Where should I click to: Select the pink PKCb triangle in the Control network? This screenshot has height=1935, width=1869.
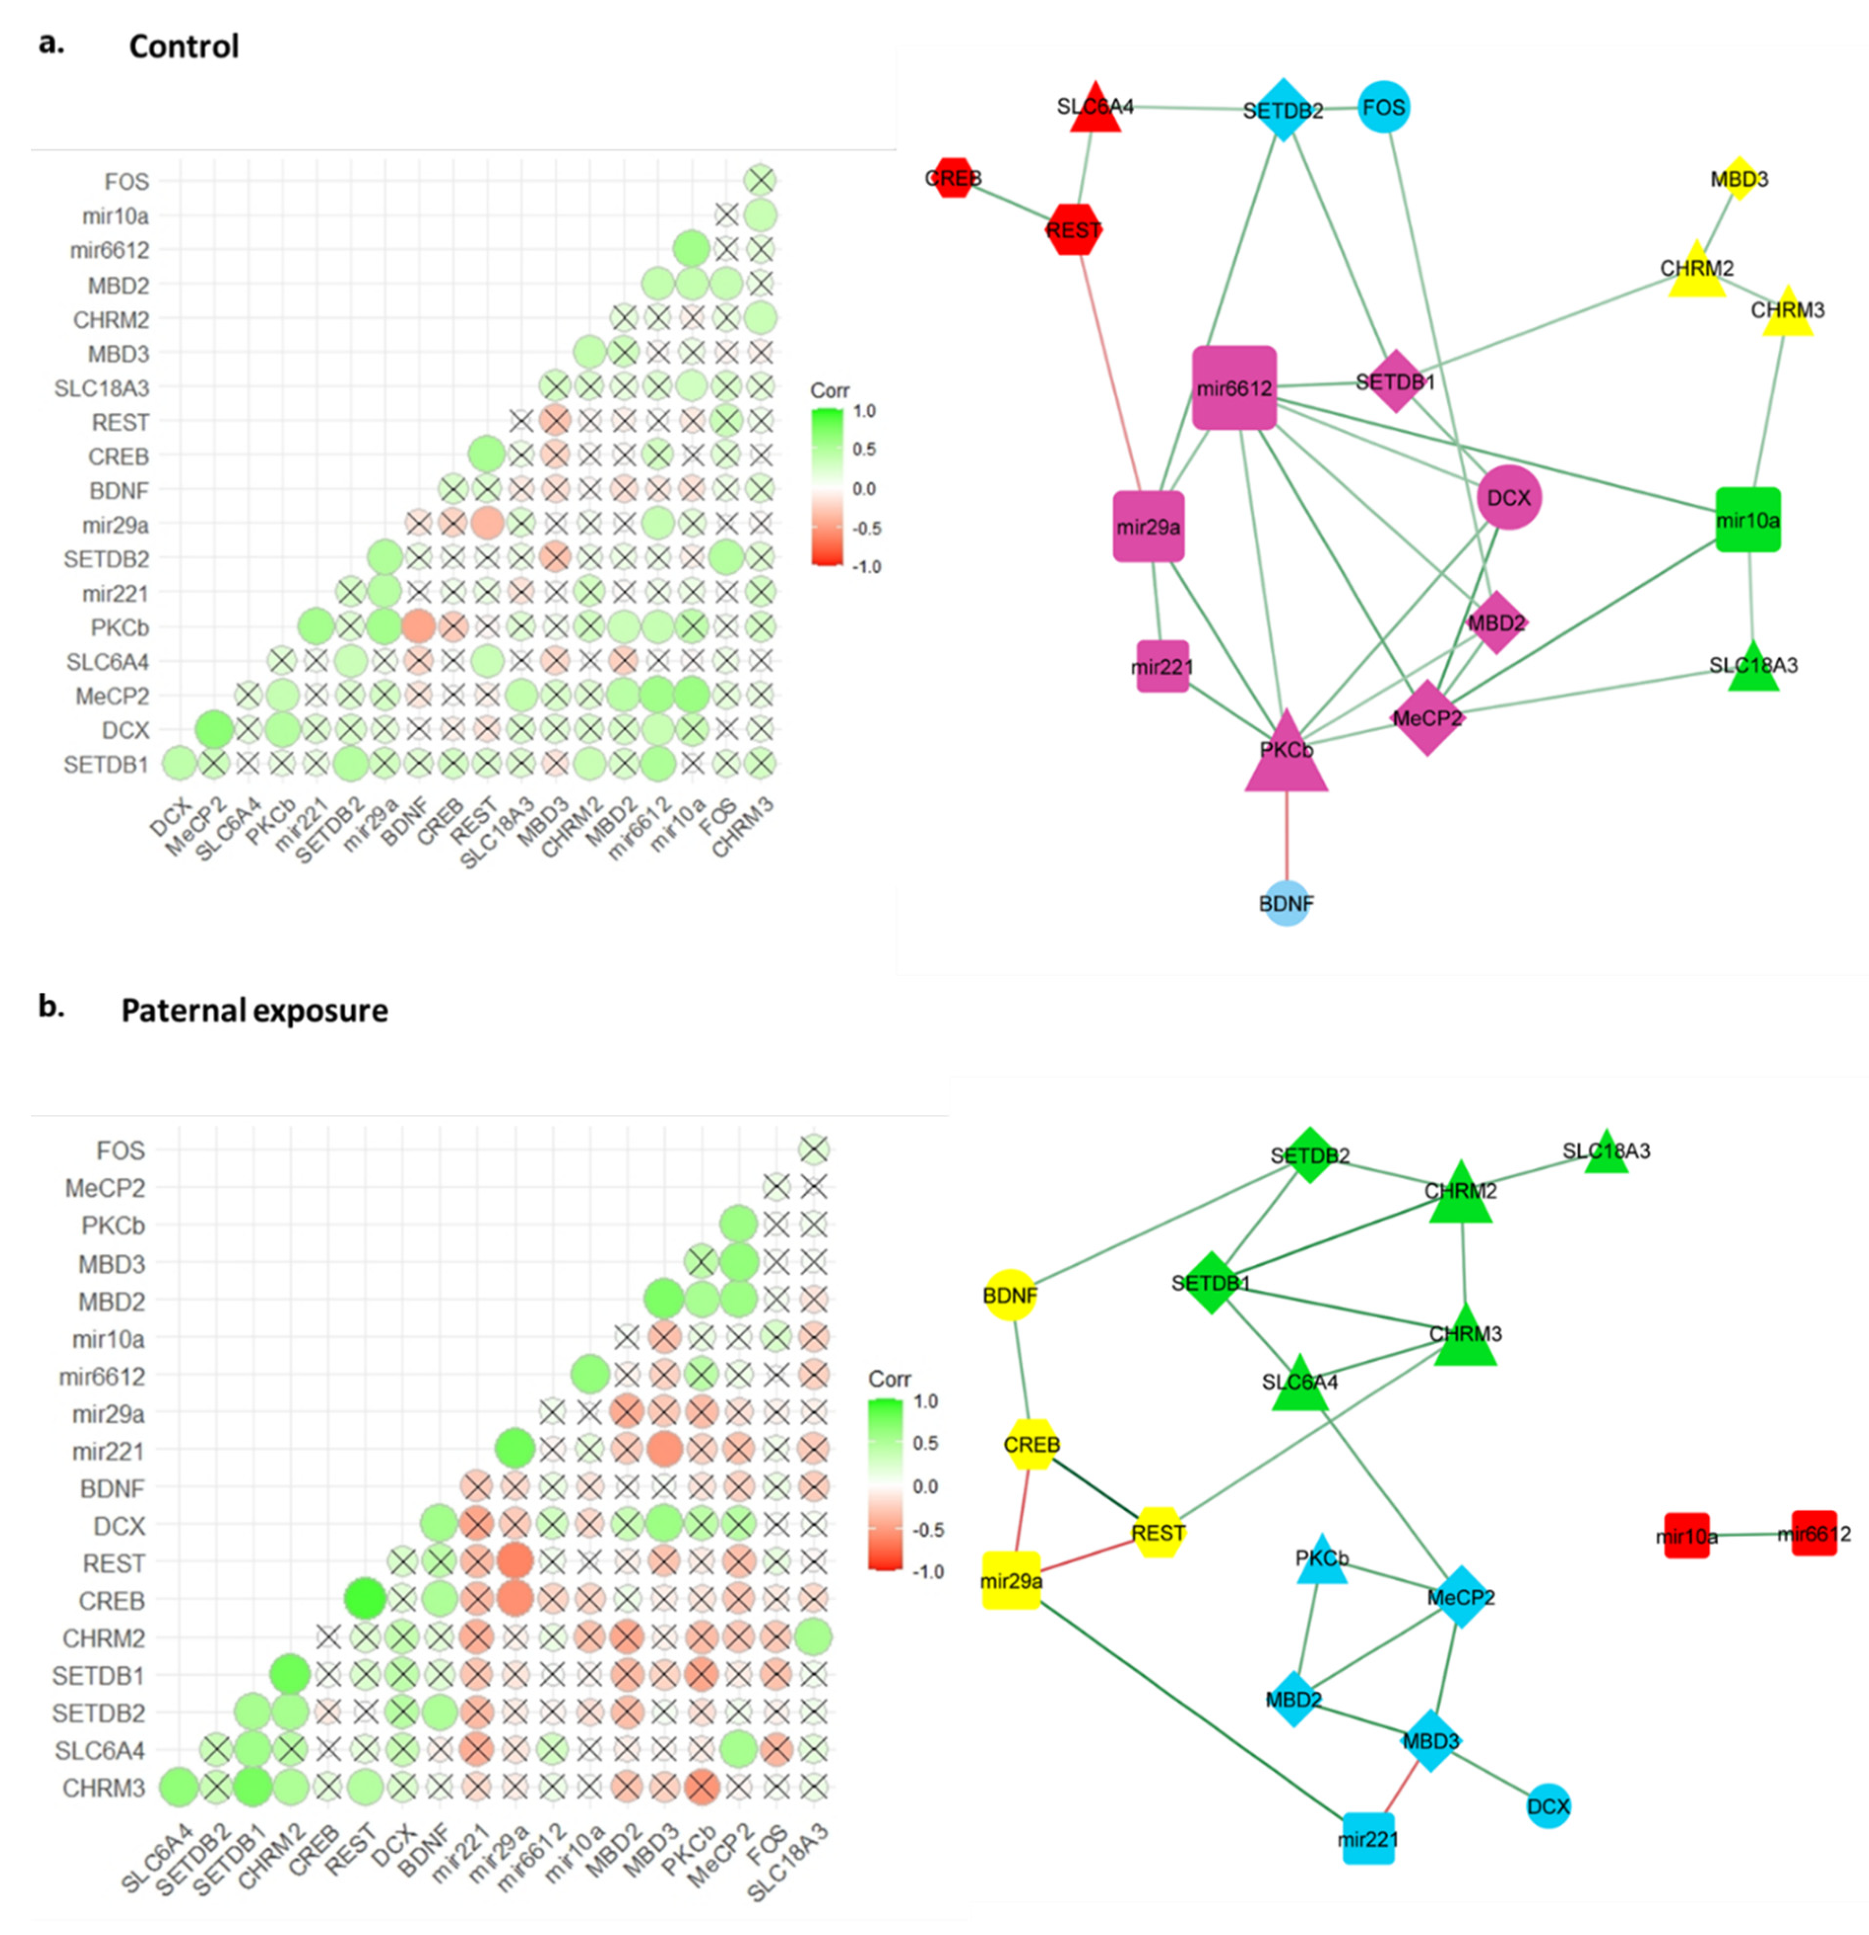tap(1286, 755)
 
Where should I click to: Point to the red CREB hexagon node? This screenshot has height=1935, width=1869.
tap(953, 178)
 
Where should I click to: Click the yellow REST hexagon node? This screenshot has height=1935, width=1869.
tap(1157, 1532)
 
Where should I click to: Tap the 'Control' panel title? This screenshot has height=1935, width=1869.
tap(184, 46)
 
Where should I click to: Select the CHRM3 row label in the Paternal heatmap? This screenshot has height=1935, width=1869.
tap(104, 1788)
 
